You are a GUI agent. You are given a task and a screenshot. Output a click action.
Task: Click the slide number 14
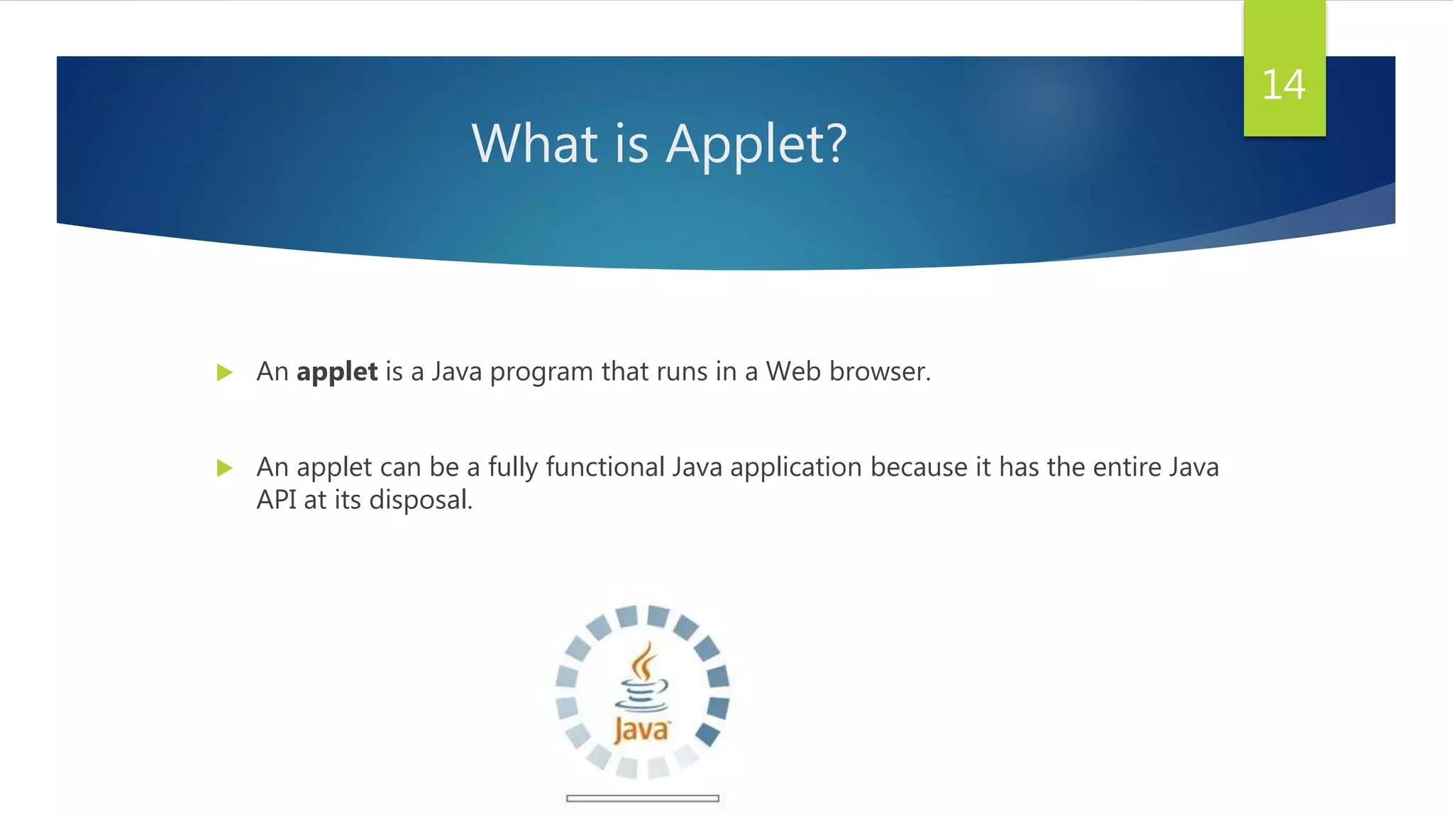click(1283, 85)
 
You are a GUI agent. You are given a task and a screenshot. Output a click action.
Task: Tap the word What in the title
click(534, 144)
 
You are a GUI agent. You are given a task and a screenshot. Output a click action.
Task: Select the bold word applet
click(337, 372)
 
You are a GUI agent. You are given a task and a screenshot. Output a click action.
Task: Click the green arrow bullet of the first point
click(224, 372)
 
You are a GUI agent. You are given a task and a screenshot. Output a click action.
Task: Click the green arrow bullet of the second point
click(224, 468)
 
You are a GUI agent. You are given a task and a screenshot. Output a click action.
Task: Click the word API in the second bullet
click(276, 500)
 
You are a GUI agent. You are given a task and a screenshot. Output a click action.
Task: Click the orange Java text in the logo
click(641, 731)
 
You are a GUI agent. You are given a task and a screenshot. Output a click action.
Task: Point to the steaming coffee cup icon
click(643, 678)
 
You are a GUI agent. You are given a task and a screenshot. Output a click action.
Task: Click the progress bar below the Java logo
click(643, 799)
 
